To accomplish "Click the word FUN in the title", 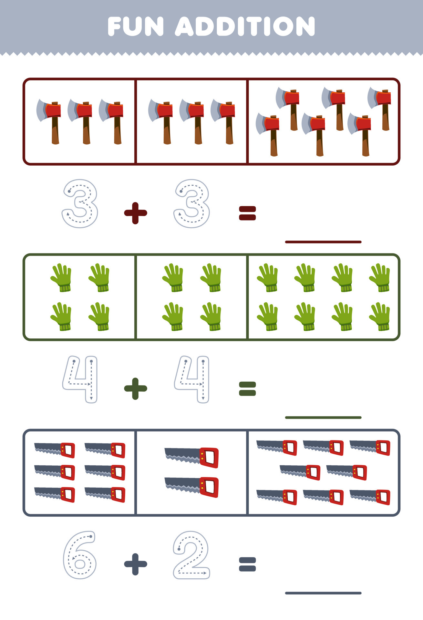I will (x=136, y=26).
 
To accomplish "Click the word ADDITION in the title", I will (x=245, y=26).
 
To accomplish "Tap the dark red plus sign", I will (x=136, y=213).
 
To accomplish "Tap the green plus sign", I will (x=136, y=388).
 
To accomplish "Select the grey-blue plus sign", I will (x=136, y=564).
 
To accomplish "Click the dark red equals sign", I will (x=247, y=213).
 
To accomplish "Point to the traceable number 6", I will (x=80, y=555).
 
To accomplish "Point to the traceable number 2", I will (x=191, y=555).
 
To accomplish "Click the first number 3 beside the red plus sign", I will (x=80, y=204).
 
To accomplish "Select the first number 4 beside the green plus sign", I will (x=80, y=379).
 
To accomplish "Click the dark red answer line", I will (x=323, y=242).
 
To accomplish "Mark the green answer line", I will (x=323, y=418).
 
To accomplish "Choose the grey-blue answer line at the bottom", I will (x=323, y=593).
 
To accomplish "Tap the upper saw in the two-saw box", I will (x=192, y=457).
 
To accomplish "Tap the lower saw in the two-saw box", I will (x=192, y=487).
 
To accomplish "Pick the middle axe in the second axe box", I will (x=192, y=121).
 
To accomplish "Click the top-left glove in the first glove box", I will (x=61, y=278).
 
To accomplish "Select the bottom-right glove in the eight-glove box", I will (x=380, y=316).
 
